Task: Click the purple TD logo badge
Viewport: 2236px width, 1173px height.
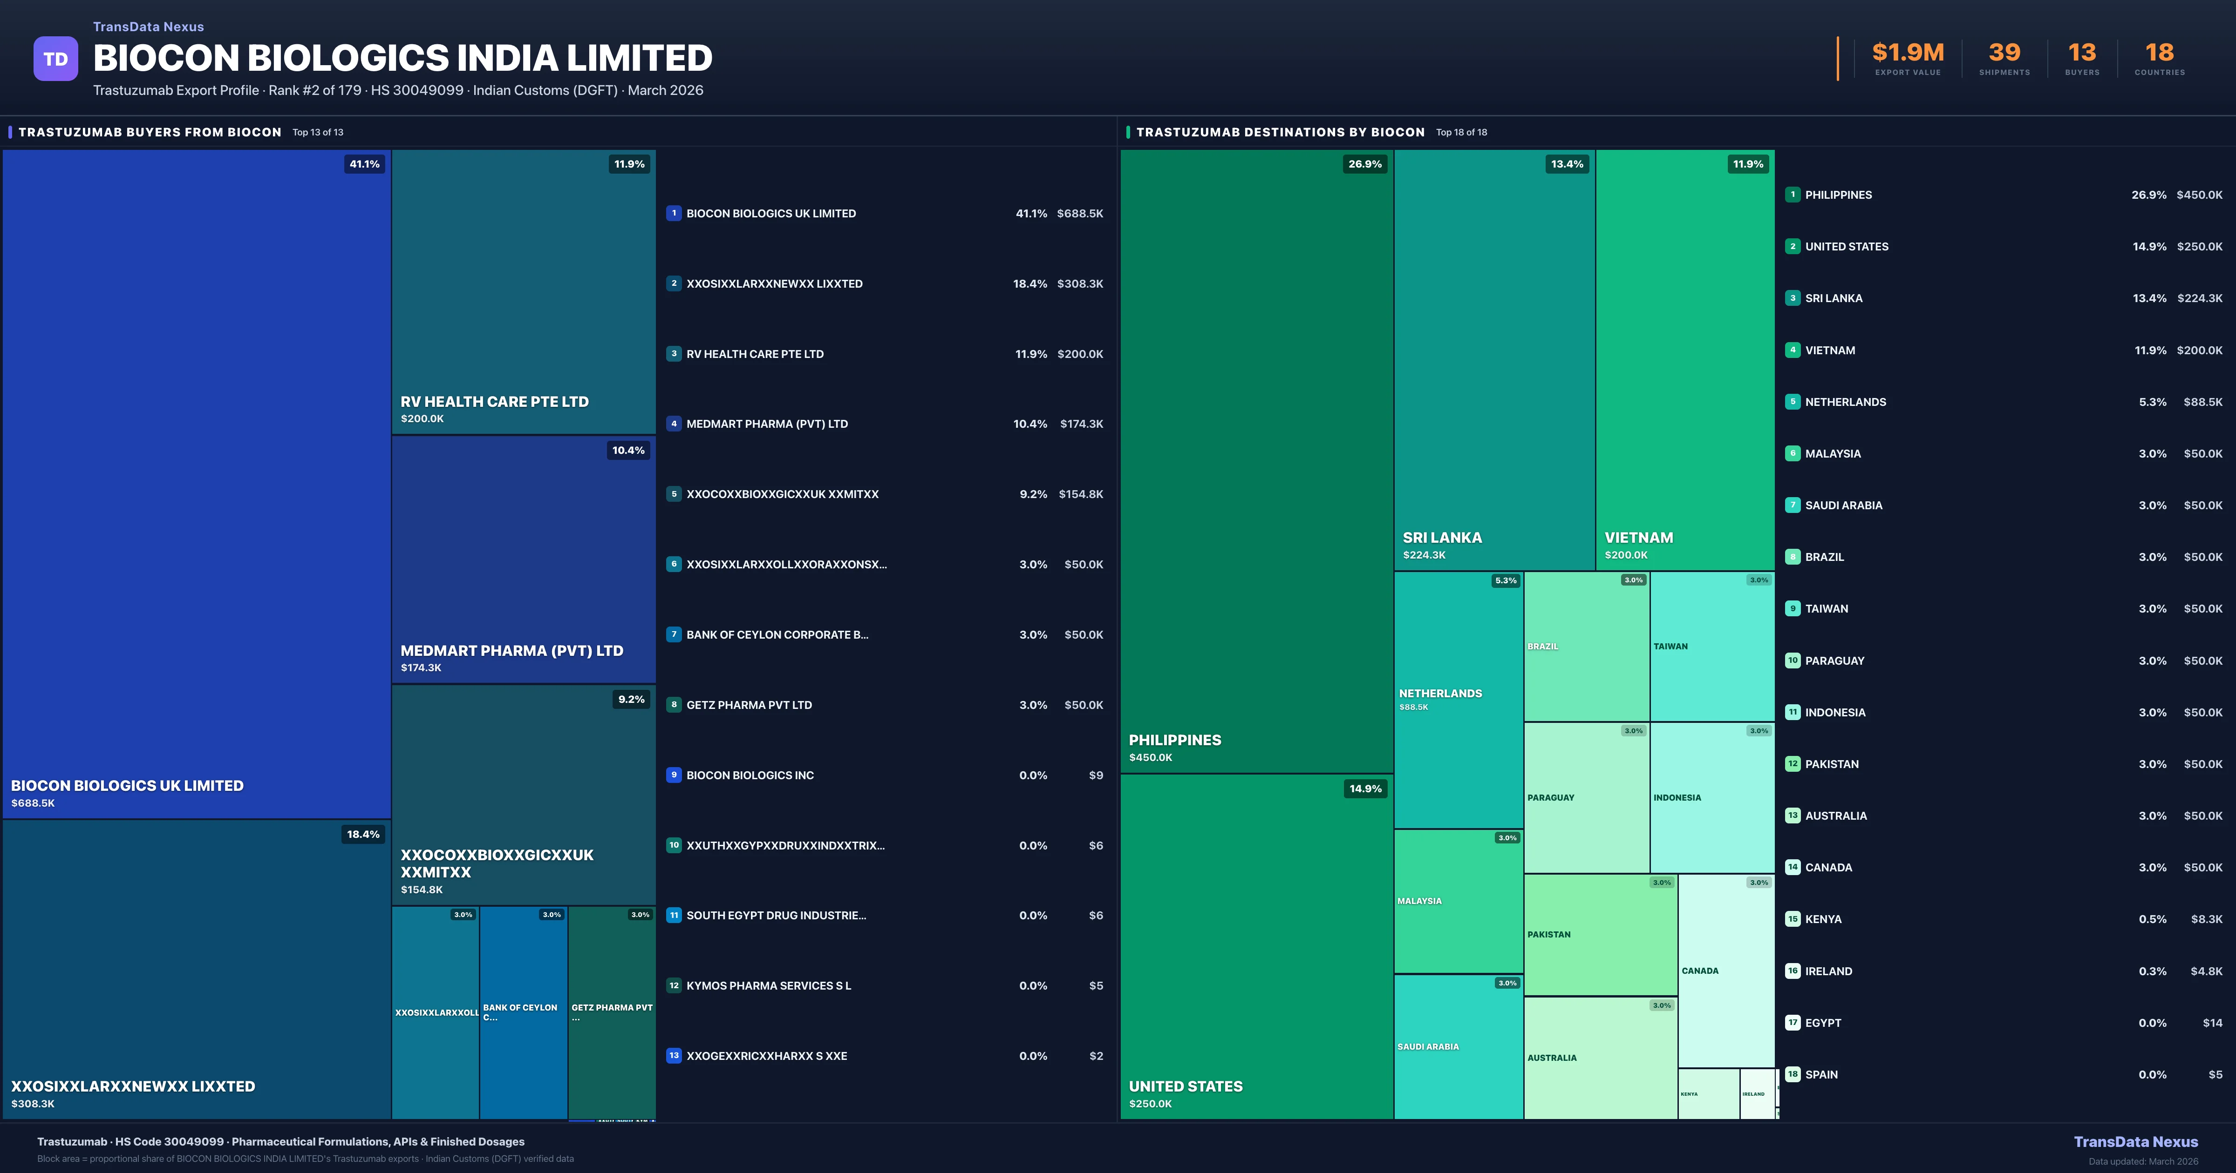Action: [55, 59]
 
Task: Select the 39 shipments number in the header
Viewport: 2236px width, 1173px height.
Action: [2004, 53]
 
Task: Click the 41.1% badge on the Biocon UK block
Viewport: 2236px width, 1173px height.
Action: [365, 164]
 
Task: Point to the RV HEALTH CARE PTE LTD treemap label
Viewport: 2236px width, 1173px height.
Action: [494, 402]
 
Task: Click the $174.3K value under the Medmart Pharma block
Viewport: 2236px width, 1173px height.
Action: [421, 667]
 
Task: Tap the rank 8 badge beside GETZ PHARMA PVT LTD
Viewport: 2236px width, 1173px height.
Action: [674, 704]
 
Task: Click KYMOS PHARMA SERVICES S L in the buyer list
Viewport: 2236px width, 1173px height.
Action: [768, 985]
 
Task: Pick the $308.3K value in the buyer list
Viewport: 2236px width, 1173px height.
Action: [1080, 283]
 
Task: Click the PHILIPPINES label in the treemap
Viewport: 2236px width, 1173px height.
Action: [1174, 740]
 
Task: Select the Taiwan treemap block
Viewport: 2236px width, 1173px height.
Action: [1712, 647]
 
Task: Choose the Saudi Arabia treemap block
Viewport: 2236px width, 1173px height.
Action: [1458, 1046]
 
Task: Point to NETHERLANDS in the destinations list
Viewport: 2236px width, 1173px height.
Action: [1845, 402]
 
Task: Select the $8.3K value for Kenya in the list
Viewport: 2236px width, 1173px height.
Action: [2206, 919]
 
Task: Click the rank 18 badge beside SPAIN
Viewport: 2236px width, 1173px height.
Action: [1793, 1074]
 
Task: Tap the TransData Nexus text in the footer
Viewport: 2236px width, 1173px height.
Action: [2135, 1142]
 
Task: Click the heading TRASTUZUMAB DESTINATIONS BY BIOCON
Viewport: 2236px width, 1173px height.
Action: [1280, 132]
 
